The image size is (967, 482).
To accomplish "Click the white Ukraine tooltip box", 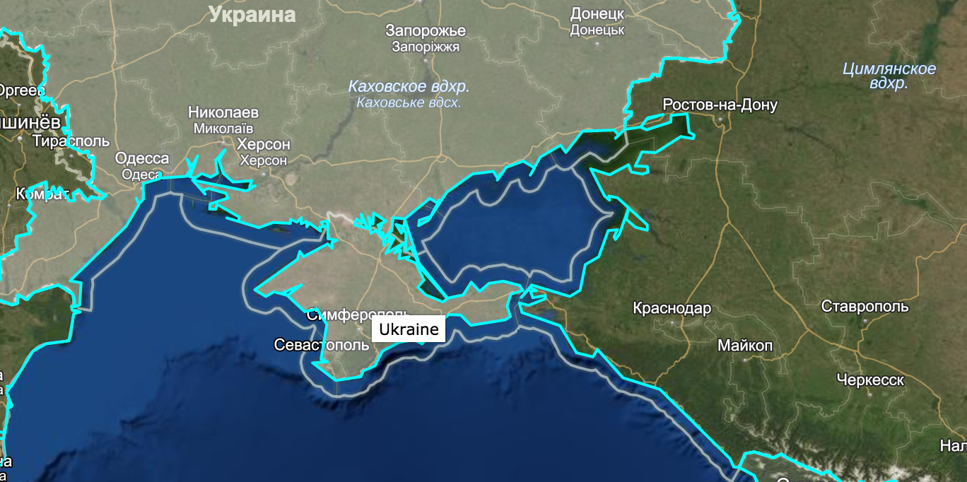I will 408,329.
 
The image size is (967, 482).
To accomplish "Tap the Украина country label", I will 252,15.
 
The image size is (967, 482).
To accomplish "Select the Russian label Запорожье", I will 426,30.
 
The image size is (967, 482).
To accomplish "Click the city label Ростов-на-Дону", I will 720,105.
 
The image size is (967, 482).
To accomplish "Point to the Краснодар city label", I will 672,309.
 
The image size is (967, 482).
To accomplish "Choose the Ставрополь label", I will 865,307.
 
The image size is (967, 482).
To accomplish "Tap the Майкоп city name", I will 745,346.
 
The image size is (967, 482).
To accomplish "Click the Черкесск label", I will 869,380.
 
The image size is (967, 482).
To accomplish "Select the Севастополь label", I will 321,345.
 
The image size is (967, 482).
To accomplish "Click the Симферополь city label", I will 358,315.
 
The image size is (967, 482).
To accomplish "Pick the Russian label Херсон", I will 263,144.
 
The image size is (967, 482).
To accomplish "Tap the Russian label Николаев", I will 223,112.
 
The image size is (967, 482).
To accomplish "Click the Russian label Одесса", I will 142,158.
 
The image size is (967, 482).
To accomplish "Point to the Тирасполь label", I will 71,141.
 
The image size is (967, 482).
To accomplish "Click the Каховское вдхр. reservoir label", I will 409,87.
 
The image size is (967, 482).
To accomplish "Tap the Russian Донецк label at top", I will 597,14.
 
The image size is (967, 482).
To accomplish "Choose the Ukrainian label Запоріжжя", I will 426,47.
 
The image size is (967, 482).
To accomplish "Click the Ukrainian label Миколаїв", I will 223,129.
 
